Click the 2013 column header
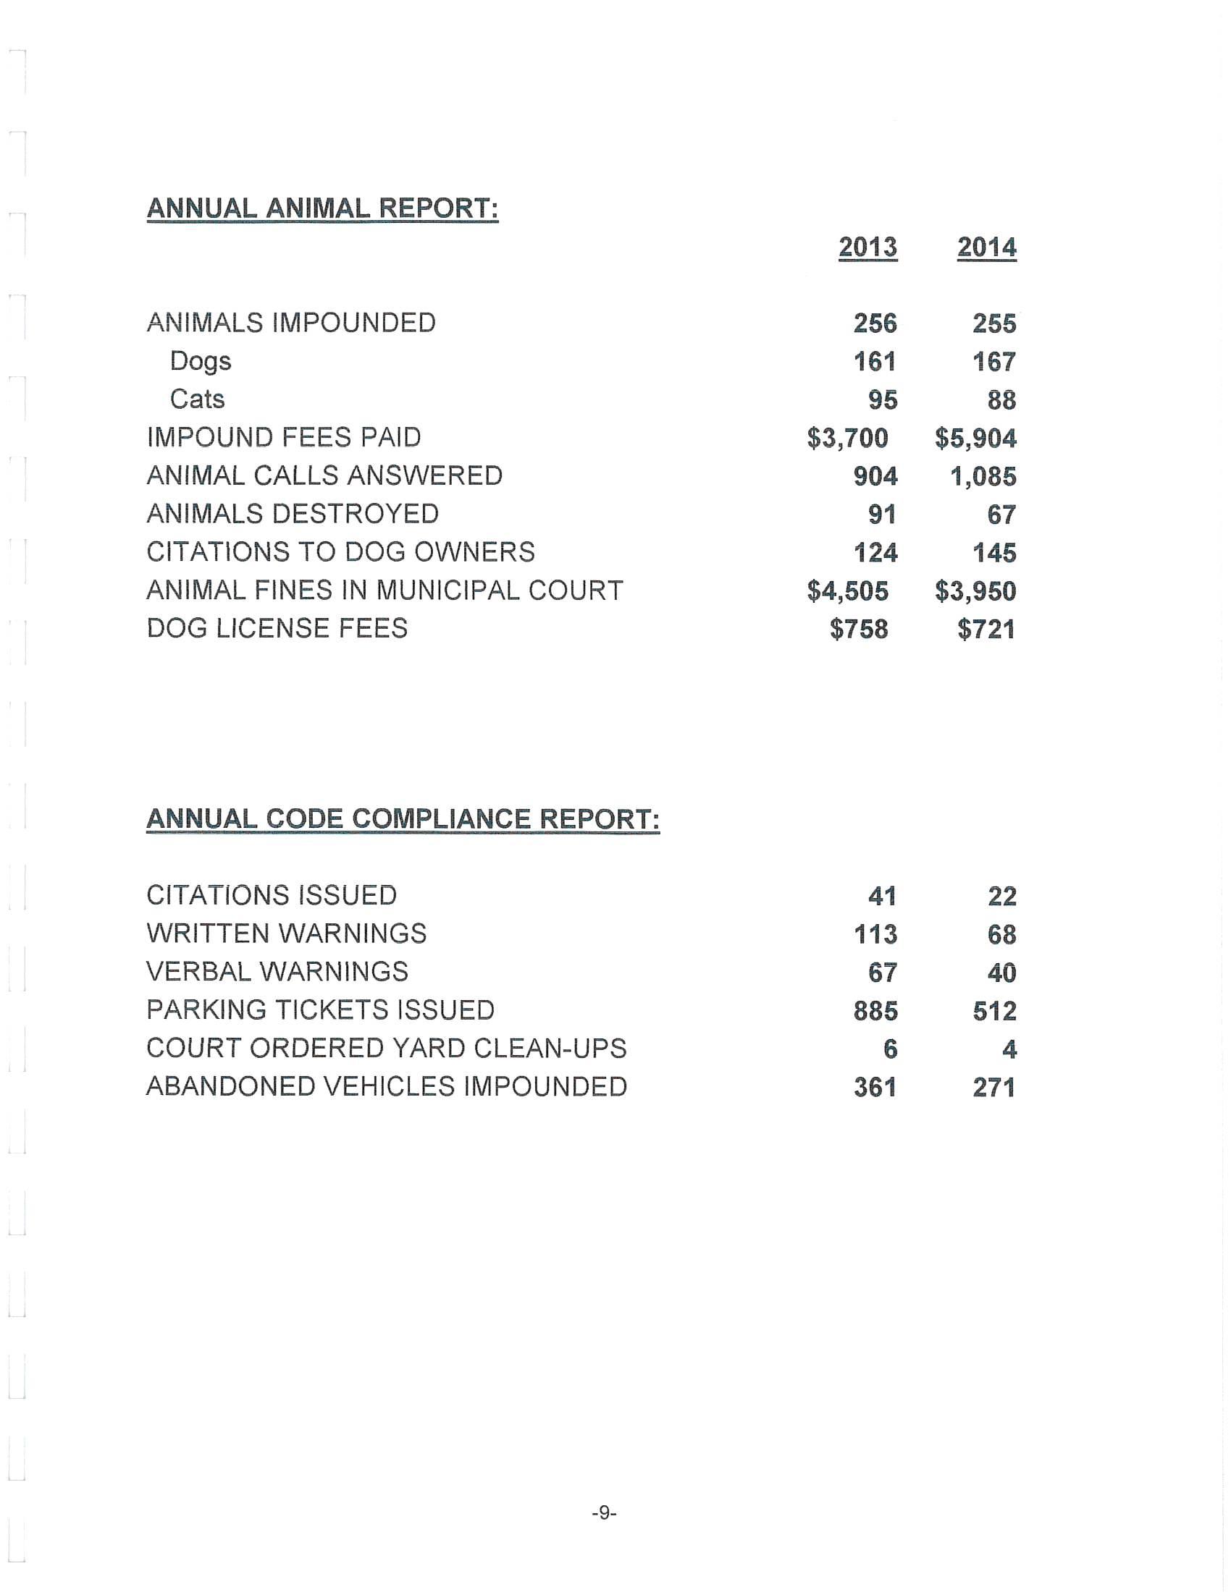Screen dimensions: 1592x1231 pos(867,247)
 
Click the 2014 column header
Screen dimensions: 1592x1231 pos(987,247)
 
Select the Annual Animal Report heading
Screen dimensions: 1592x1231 pos(322,208)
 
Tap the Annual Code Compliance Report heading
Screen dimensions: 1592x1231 pos(403,818)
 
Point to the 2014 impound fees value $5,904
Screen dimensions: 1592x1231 pos(976,438)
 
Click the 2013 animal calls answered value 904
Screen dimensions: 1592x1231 pos(875,476)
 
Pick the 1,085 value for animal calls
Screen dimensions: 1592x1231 pos(983,476)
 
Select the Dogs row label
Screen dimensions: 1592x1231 pos(201,362)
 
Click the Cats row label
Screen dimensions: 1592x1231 pos(197,399)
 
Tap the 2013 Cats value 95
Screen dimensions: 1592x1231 pos(883,399)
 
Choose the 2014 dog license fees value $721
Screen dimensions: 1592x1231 pos(986,629)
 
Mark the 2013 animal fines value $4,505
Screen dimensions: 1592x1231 pos(847,590)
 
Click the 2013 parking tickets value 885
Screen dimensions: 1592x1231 pos(875,1010)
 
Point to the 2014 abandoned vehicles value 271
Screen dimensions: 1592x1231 pos(994,1087)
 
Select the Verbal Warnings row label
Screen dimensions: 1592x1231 pos(277,972)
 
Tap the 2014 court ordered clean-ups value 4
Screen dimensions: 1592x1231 pos(1009,1049)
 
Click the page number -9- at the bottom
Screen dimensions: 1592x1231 pos(604,1512)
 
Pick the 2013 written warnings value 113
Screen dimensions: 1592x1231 pos(875,933)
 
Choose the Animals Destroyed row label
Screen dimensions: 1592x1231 pos(293,514)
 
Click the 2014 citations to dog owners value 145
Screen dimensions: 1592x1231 pos(994,553)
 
